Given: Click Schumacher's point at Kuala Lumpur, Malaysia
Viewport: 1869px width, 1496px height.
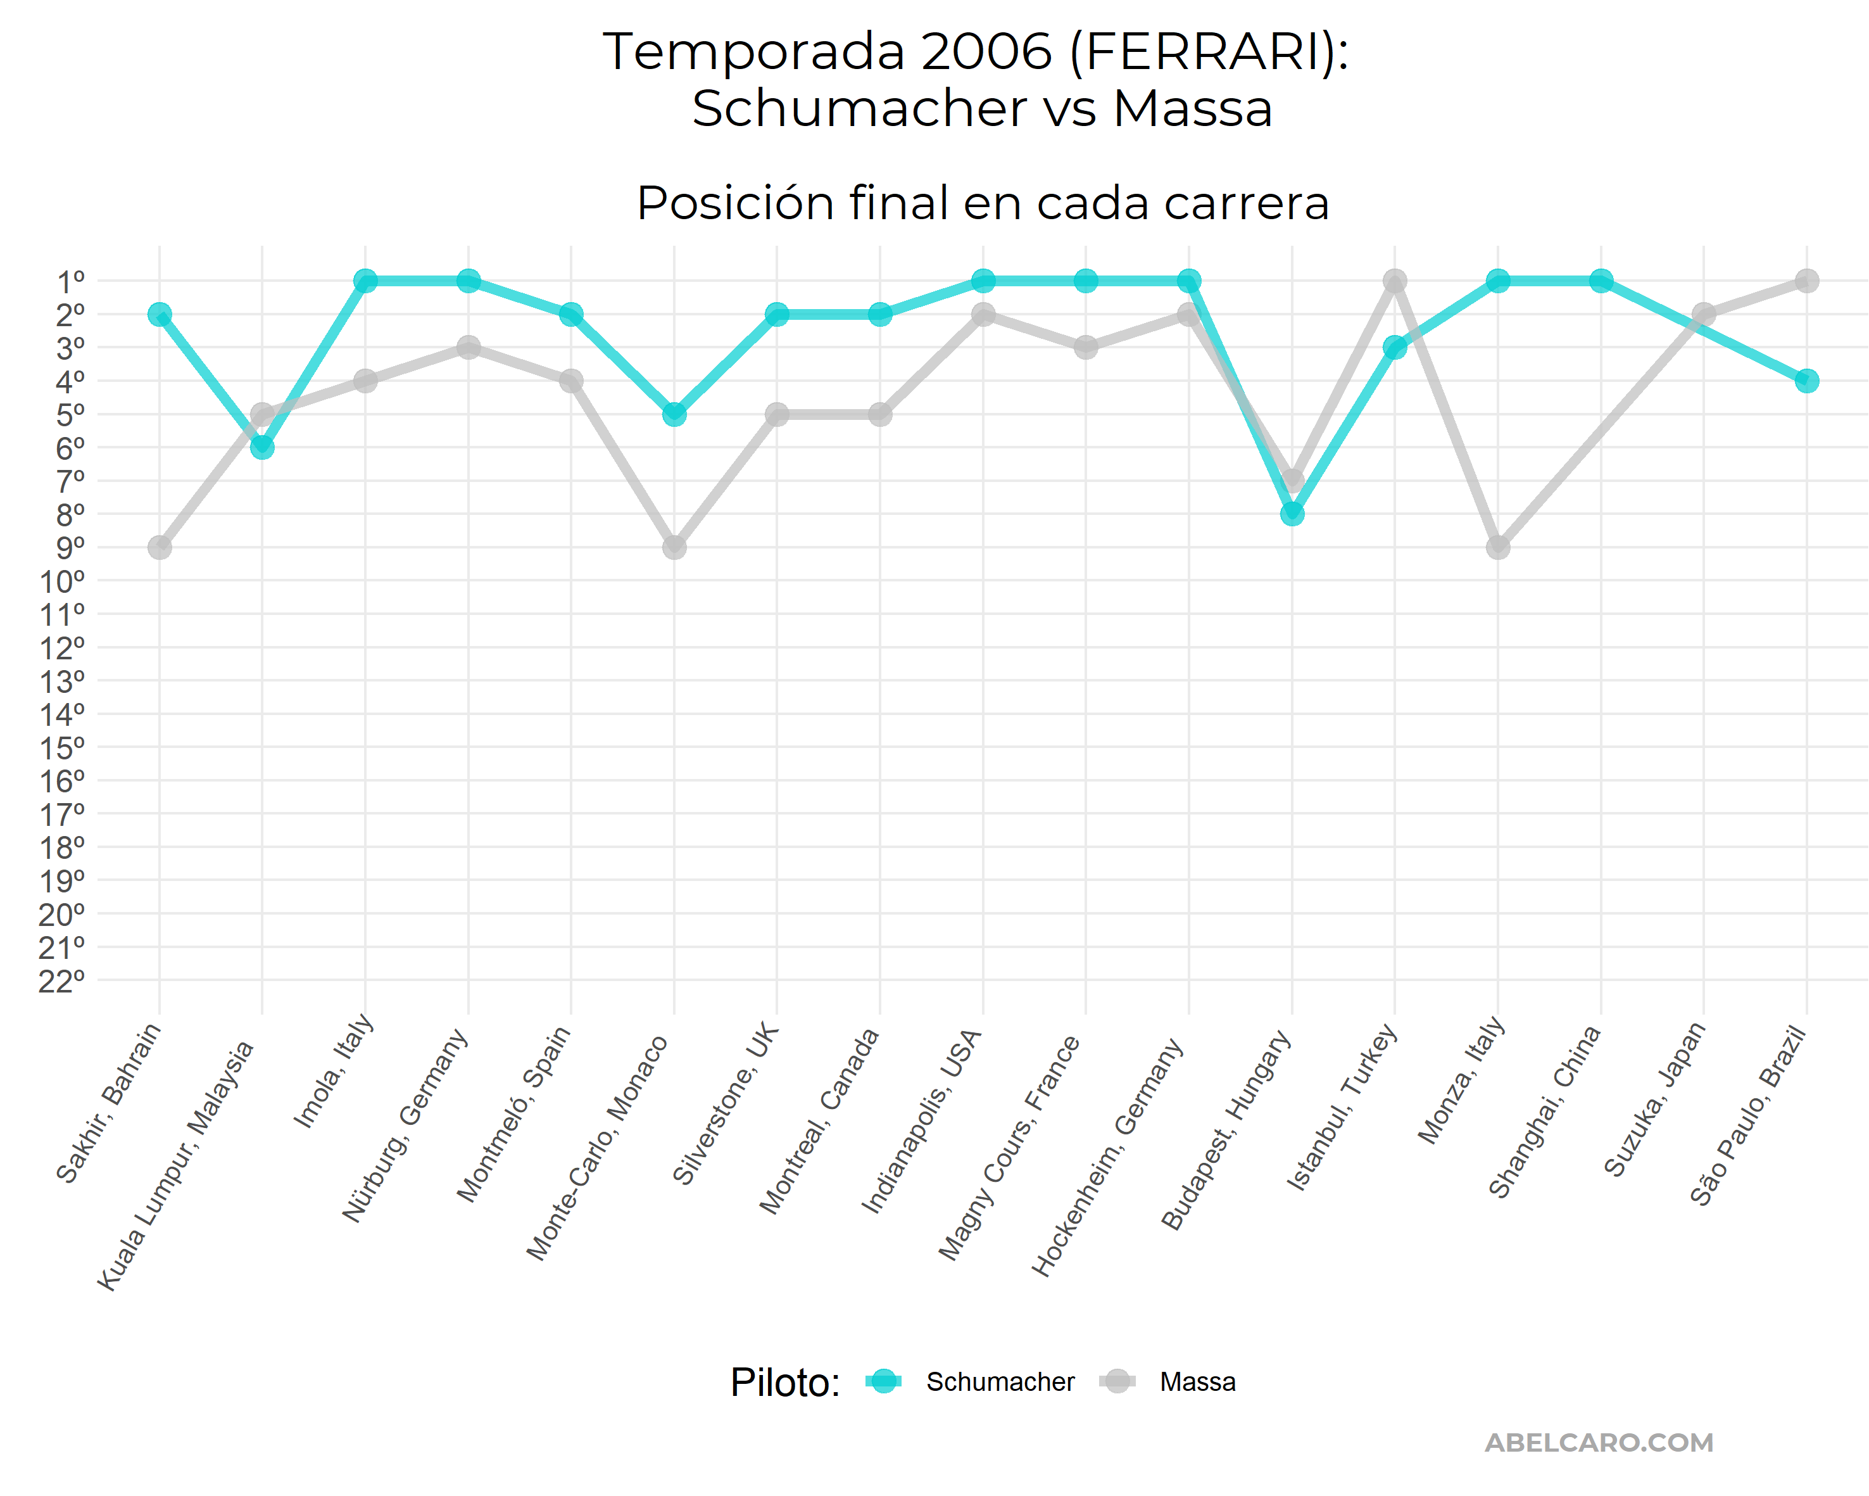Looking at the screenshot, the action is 261,448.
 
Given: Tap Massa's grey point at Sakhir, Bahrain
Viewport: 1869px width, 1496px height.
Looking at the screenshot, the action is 160,547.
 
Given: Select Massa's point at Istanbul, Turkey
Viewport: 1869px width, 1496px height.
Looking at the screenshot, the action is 1395,281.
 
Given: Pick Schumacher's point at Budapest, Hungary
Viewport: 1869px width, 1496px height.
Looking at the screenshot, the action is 1292,514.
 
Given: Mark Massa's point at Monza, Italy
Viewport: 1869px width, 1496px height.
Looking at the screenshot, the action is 1498,547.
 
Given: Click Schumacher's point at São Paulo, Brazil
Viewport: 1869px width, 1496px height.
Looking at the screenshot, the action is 1806,381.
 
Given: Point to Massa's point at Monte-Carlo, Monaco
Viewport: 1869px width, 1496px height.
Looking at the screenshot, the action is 674,547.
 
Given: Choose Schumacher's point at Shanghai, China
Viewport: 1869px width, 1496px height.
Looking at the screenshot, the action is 1601,281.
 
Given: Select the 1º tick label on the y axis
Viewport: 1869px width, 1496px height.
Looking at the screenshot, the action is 71,282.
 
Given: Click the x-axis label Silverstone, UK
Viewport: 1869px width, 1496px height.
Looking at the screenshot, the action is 726,1105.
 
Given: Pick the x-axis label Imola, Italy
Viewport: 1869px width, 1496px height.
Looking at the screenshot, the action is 334,1072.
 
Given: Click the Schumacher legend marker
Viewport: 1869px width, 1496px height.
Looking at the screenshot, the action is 883,1381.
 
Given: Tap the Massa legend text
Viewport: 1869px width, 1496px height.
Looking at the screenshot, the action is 1198,1381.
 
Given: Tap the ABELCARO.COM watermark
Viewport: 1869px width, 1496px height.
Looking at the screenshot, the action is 1599,1442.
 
